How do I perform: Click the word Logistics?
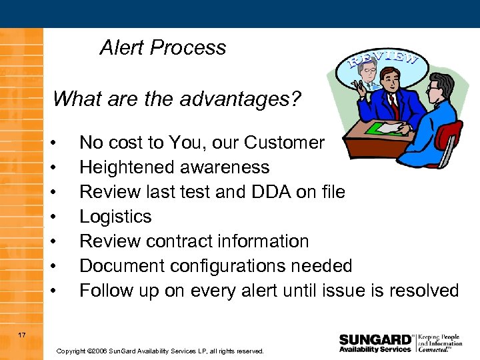[x=115, y=217]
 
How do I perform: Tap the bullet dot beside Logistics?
[x=61, y=217]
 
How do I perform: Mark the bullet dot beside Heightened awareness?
[x=61, y=168]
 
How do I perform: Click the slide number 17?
[x=22, y=335]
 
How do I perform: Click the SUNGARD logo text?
[x=375, y=338]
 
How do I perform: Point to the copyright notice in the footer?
[x=160, y=351]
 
